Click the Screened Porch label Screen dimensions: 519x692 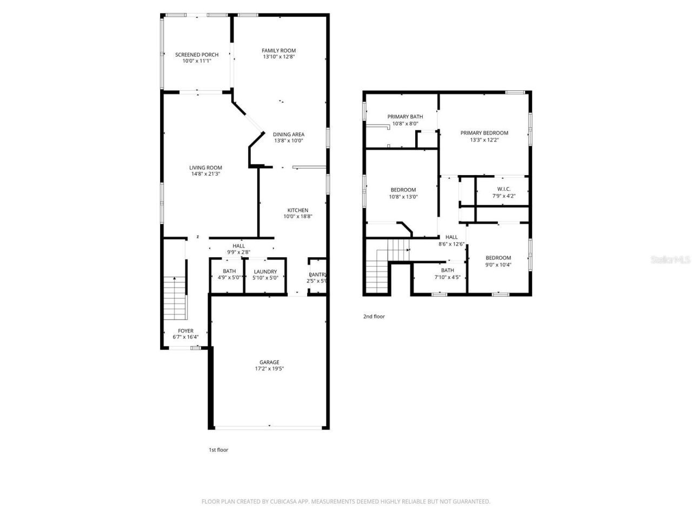coord(197,55)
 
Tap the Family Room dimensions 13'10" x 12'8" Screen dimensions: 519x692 coord(279,57)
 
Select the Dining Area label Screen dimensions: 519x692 coord(288,135)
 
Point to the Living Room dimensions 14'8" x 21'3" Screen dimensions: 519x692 coord(205,174)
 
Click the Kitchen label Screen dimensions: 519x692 coord(297,210)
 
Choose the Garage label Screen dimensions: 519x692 coord(269,362)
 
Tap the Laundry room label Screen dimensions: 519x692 coord(265,272)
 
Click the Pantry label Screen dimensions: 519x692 coord(317,275)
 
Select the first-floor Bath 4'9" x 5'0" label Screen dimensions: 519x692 coord(229,271)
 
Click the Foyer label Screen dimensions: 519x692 coord(185,331)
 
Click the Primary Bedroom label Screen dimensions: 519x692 coord(484,133)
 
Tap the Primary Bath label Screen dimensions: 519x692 coord(405,117)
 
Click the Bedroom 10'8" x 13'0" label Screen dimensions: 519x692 coord(403,190)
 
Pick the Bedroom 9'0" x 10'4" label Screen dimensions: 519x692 coord(498,258)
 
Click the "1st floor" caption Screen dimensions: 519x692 coord(218,450)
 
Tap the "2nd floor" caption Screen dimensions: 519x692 coord(374,317)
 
